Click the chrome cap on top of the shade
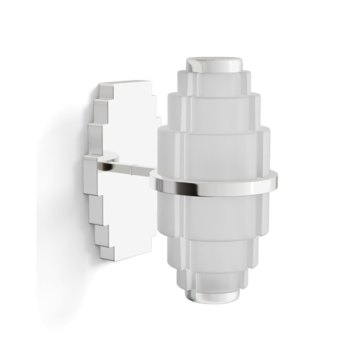coord(214,65)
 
